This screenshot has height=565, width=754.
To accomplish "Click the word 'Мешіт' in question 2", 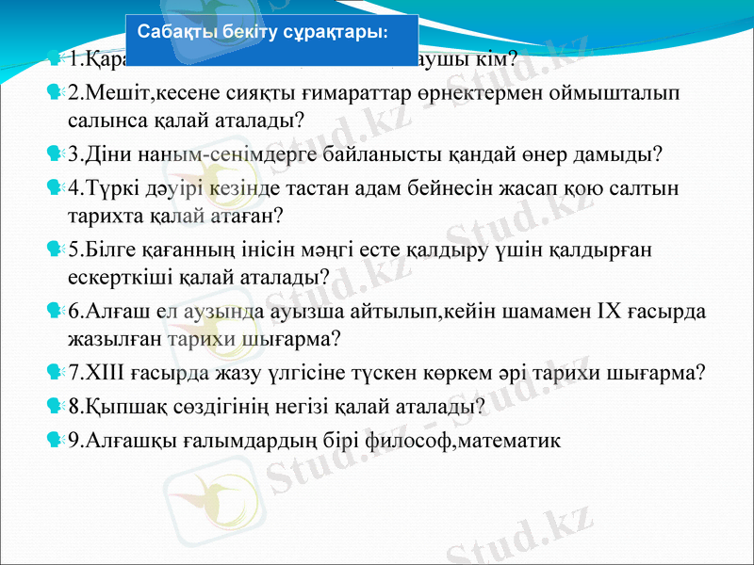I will [x=114, y=93].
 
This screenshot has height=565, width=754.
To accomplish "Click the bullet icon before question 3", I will [x=54, y=153].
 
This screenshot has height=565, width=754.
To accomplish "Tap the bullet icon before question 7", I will [x=54, y=371].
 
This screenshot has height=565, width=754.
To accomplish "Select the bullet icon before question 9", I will [x=54, y=439].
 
